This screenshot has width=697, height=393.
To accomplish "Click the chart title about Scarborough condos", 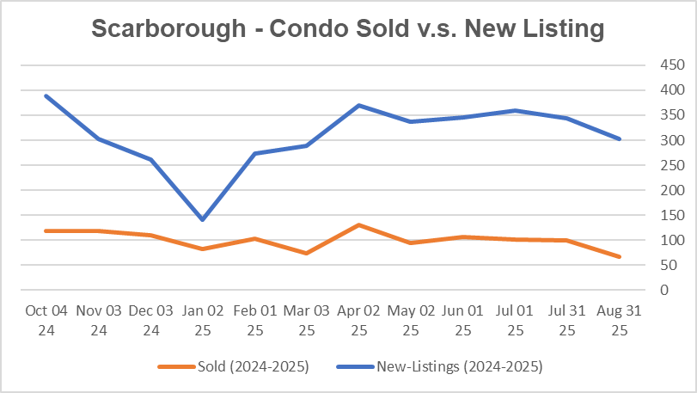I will (x=348, y=28).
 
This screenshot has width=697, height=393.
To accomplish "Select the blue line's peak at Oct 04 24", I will (x=46, y=95).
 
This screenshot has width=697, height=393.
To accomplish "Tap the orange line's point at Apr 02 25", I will (x=358, y=225).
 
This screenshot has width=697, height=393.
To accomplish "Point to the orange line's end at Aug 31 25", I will (x=620, y=257).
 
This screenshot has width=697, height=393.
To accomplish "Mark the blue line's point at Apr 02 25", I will (x=358, y=105).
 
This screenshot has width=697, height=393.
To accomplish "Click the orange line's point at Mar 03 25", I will (x=306, y=254).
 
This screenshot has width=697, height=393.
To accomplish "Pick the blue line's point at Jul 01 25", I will (x=515, y=110).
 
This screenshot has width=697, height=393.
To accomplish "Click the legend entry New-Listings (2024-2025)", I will (x=460, y=366).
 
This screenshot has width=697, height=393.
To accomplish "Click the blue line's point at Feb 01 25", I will (x=254, y=153).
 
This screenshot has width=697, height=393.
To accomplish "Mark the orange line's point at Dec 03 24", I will (x=150, y=235).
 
